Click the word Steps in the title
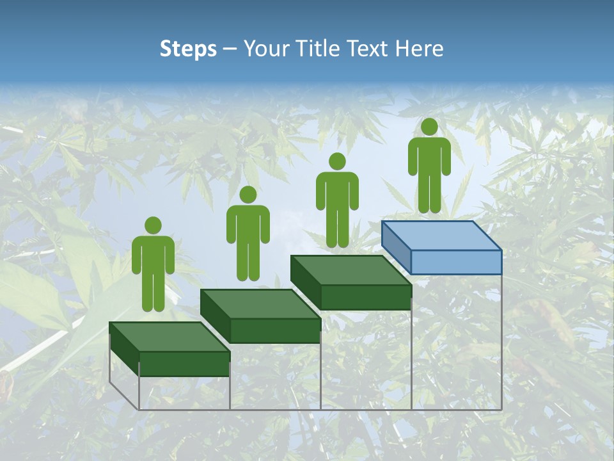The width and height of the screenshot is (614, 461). pyautogui.click(x=188, y=49)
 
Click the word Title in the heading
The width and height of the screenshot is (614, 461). pyautogui.click(x=320, y=49)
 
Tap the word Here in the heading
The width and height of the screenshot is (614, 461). pyautogui.click(x=419, y=49)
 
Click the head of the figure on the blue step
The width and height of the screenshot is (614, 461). pyautogui.click(x=429, y=127)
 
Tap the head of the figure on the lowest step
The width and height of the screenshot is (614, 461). pyautogui.click(x=153, y=225)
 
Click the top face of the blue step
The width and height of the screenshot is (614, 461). pyautogui.click(x=441, y=236)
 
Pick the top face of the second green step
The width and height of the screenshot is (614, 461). pyautogui.click(x=260, y=303)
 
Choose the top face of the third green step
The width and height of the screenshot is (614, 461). pyautogui.click(x=350, y=270)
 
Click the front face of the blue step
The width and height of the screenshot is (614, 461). pyautogui.click(x=456, y=262)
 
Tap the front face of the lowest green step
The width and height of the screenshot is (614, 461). pyautogui.click(x=184, y=364)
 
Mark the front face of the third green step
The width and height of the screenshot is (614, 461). pyautogui.click(x=366, y=297)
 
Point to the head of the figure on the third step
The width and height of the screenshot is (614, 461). pyautogui.click(x=337, y=161)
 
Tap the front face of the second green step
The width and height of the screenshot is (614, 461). pyautogui.click(x=275, y=330)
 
